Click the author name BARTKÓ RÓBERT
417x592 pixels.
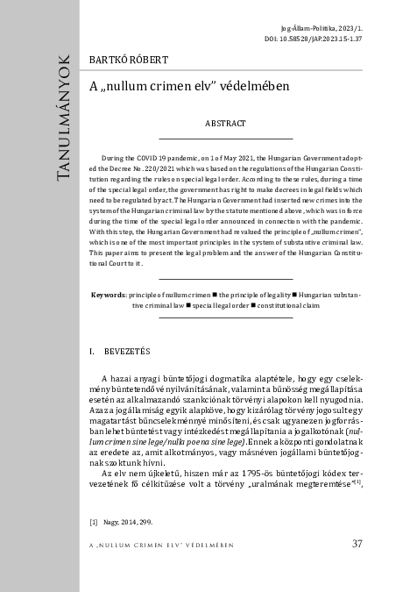(x=129, y=59)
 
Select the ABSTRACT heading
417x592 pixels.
(x=225, y=125)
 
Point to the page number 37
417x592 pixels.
(x=357, y=544)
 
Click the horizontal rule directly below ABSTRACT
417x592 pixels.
(x=226, y=139)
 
